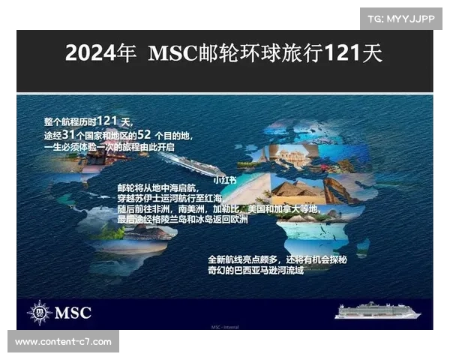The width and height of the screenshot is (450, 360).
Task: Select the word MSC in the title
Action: [x=172, y=54]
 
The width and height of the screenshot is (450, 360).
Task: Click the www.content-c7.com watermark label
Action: [x=63, y=341]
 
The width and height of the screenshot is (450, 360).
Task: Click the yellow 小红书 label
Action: [x=224, y=180]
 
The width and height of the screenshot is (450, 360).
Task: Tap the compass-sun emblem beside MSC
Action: [x=40, y=312]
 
